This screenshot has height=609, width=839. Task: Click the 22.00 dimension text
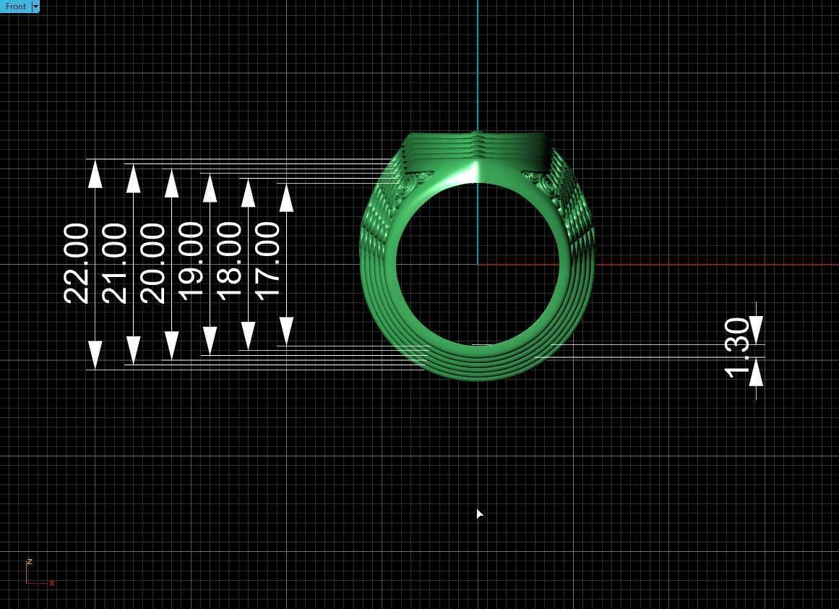(x=77, y=263)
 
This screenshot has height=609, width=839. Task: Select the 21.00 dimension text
(x=115, y=263)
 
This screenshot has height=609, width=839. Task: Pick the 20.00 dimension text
(x=152, y=263)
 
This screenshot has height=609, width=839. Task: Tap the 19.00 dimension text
(x=191, y=262)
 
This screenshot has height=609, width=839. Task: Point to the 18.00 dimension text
(x=229, y=262)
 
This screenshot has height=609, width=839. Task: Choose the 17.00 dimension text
(x=267, y=261)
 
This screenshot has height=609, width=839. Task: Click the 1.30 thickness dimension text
(x=738, y=347)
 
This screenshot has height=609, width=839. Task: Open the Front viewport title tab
(x=15, y=7)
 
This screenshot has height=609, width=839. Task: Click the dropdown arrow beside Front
(x=35, y=7)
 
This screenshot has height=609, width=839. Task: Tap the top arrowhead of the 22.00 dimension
(x=95, y=174)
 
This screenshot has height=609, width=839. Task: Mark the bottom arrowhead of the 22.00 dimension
(x=95, y=355)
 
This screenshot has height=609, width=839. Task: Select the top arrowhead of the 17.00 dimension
(x=286, y=197)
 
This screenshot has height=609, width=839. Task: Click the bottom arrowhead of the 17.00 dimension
(x=286, y=331)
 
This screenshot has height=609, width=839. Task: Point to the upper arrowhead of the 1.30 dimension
(x=756, y=330)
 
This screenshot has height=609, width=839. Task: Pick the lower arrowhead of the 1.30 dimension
(x=756, y=372)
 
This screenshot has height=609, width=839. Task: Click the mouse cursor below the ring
(x=479, y=514)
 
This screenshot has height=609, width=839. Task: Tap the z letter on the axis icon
(x=29, y=561)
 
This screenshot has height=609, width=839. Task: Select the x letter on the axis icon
(x=52, y=583)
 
